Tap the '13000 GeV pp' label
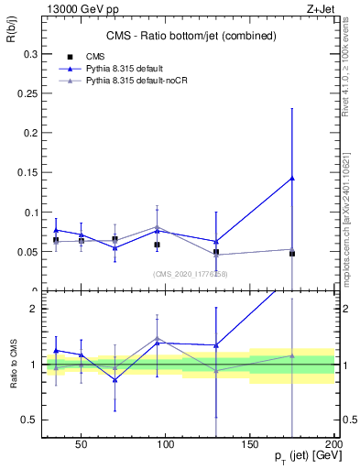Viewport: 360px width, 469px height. click(x=74, y=8)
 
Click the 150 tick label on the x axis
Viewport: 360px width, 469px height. click(x=250, y=444)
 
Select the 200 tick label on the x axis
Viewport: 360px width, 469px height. click(x=333, y=444)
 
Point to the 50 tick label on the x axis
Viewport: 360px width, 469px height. click(x=82, y=444)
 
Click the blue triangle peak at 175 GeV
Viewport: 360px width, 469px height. click(x=292, y=178)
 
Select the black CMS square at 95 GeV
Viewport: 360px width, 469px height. click(x=158, y=245)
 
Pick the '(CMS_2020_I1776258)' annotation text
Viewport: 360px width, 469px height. click(x=190, y=274)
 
